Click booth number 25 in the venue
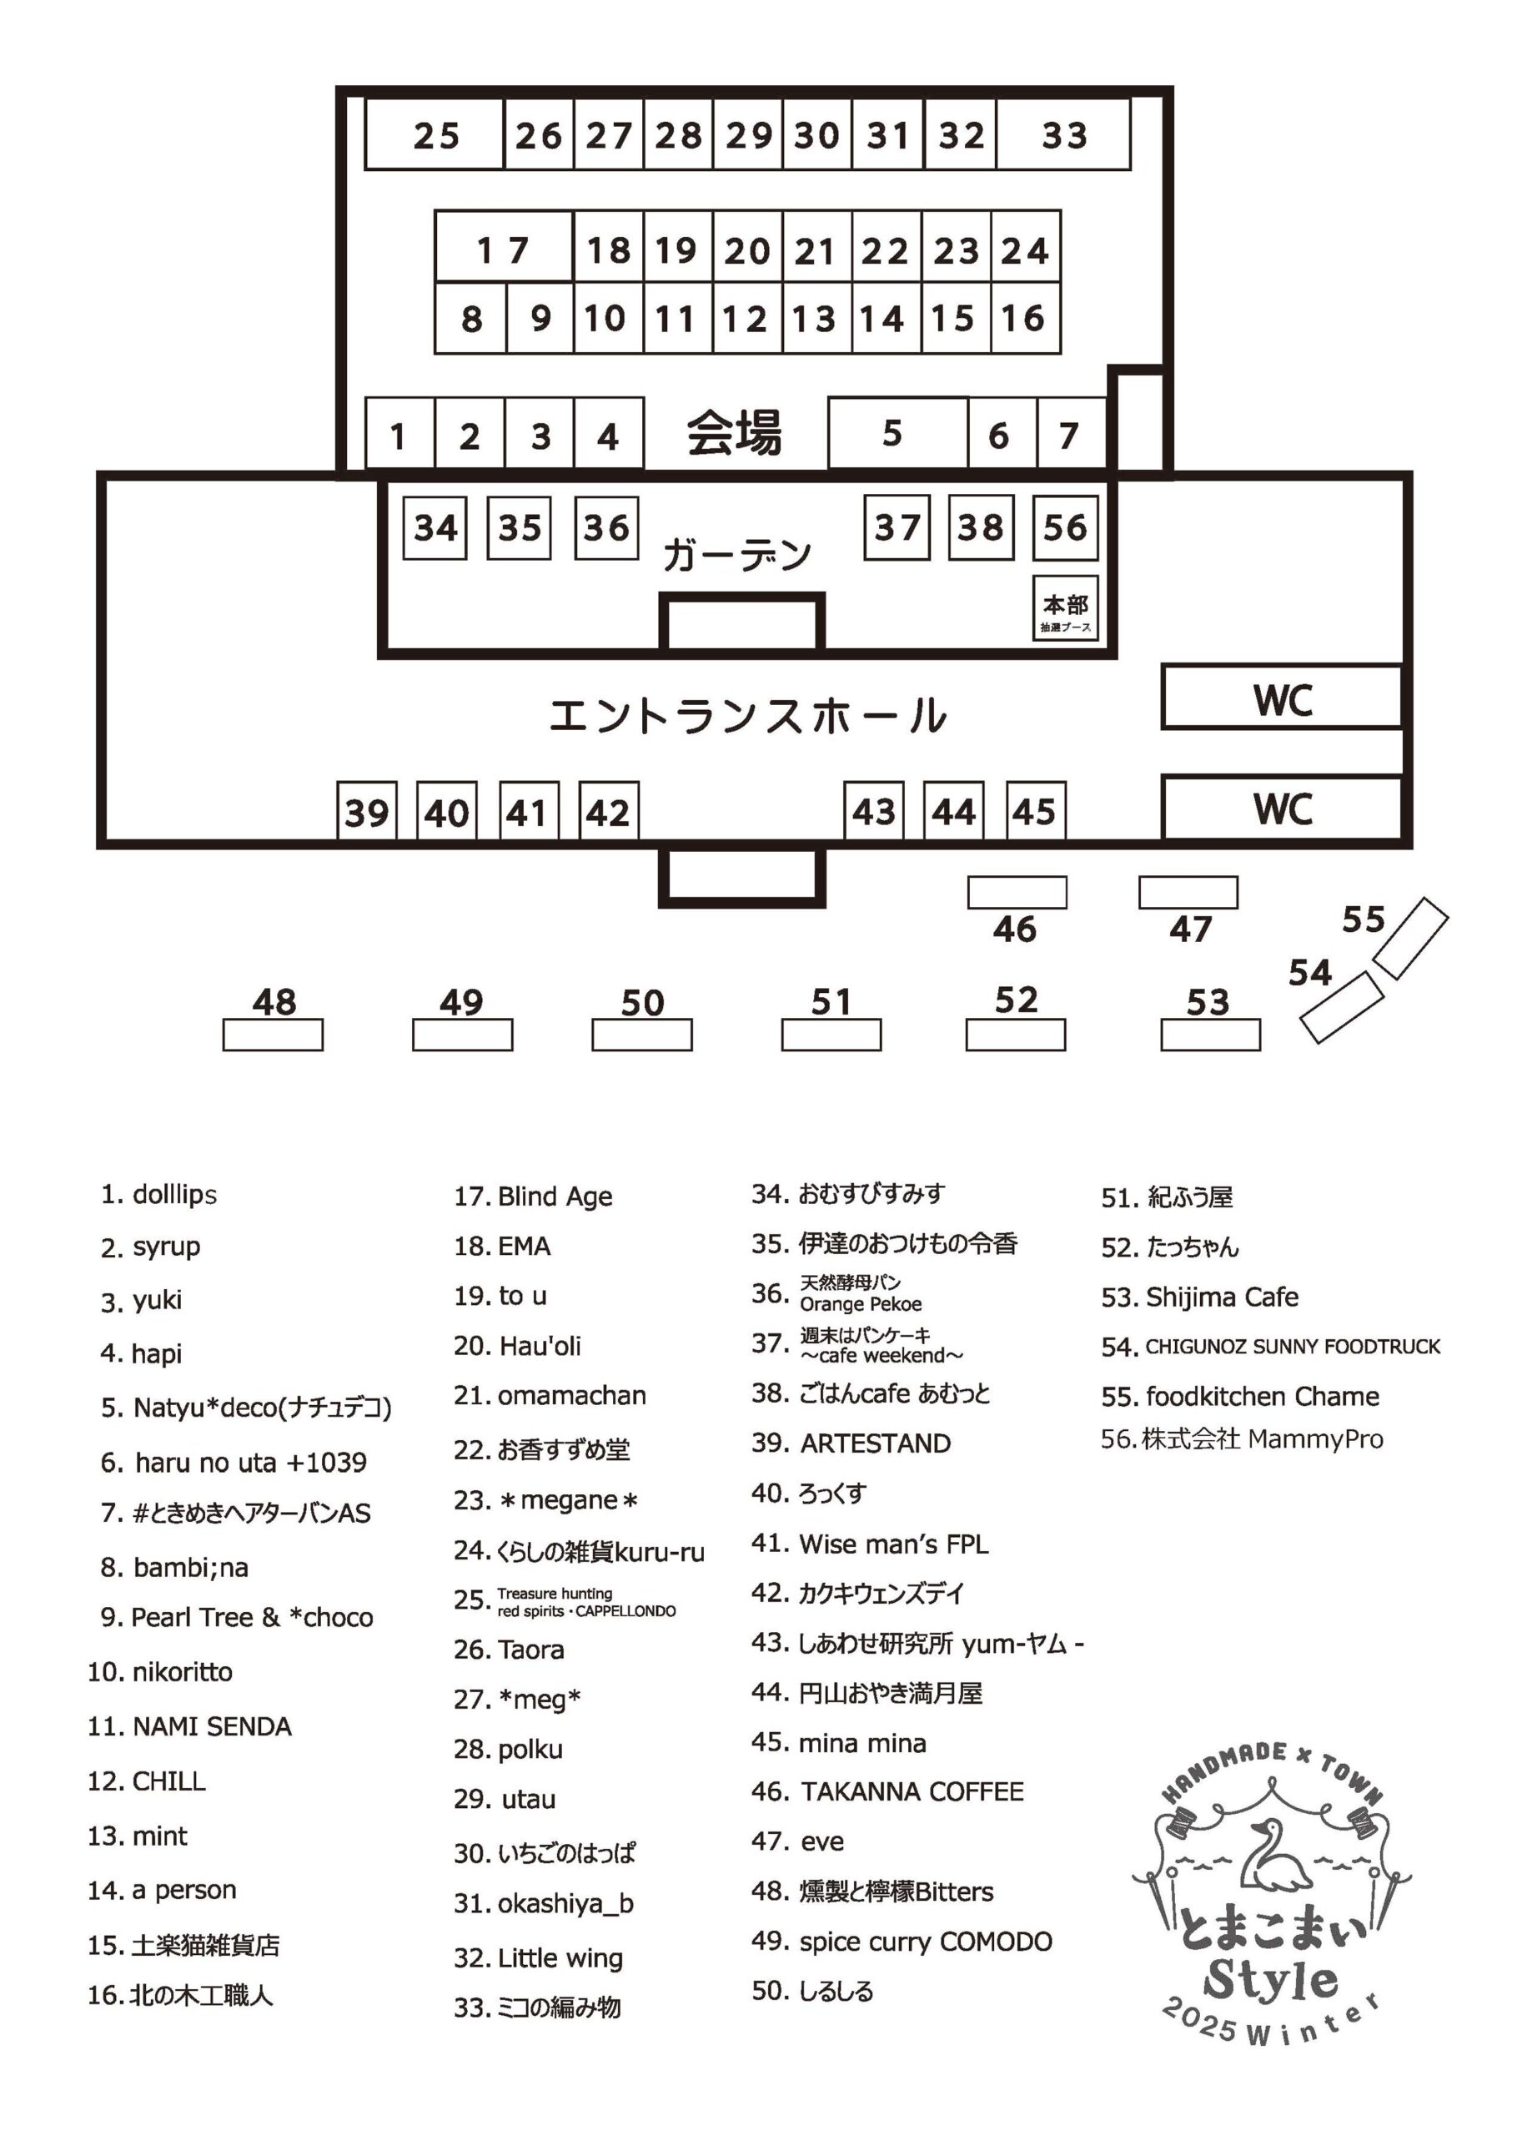434,135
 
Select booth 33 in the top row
1063,135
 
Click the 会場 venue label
734,433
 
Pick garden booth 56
1065,527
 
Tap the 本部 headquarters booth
1066,607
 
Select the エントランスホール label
747,715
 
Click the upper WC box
1282,698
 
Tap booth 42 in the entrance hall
608,811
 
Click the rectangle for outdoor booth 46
1017,892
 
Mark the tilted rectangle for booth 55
1409,938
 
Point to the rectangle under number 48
273,1035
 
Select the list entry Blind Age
554,1196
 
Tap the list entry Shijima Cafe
1221,1297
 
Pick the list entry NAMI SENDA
211,1726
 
